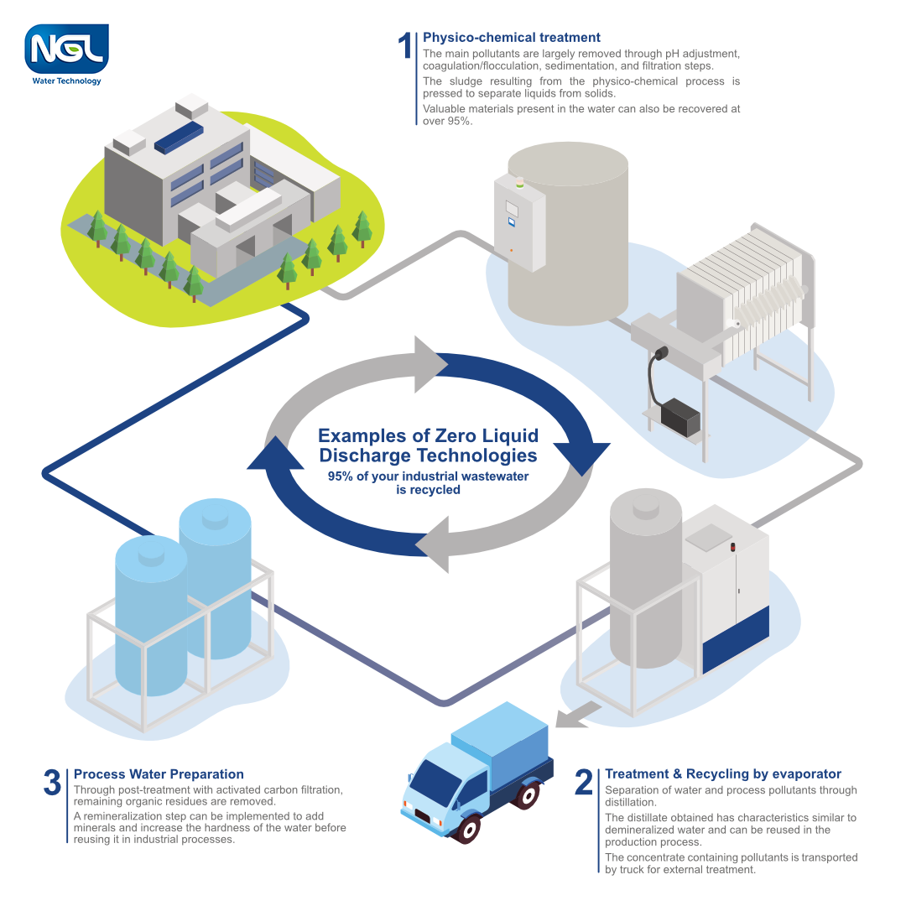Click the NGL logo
click(66, 49)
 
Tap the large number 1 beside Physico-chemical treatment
click(405, 47)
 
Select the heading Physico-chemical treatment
click(511, 38)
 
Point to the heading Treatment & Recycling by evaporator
click(722, 774)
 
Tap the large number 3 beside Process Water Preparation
click(52, 783)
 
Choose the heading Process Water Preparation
click(159, 774)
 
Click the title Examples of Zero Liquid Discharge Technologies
click(428, 445)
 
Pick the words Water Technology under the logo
click(66, 81)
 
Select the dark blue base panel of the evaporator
click(736, 638)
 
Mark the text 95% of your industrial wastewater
click(428, 476)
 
